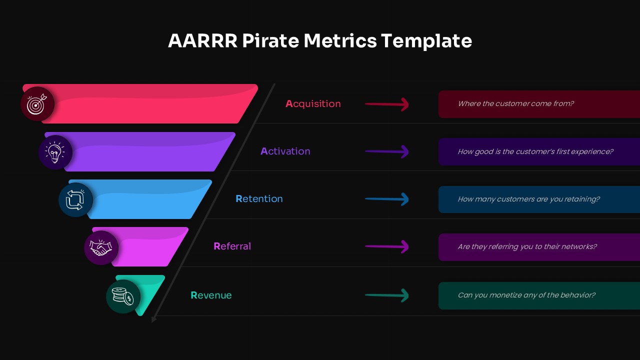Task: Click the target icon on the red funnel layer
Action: [37, 104]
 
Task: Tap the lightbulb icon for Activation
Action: [55, 152]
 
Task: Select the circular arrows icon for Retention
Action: [75, 199]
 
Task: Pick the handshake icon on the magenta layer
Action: [101, 247]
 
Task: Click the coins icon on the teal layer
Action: [123, 296]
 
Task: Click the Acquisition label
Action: [313, 104]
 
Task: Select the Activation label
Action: [285, 151]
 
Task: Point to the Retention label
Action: [259, 199]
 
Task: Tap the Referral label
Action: [232, 246]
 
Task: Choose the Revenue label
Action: [211, 295]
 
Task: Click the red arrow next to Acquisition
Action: [387, 104]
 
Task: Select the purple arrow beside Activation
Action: [387, 151]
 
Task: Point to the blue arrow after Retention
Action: [387, 199]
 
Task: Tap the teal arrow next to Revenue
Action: [387, 295]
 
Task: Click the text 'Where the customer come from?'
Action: [515, 104]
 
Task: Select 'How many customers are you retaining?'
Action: [528, 199]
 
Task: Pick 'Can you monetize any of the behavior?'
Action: [526, 295]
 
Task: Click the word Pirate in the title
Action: [271, 41]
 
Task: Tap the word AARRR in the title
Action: [202, 41]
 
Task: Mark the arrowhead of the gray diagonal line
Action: [154, 318]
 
